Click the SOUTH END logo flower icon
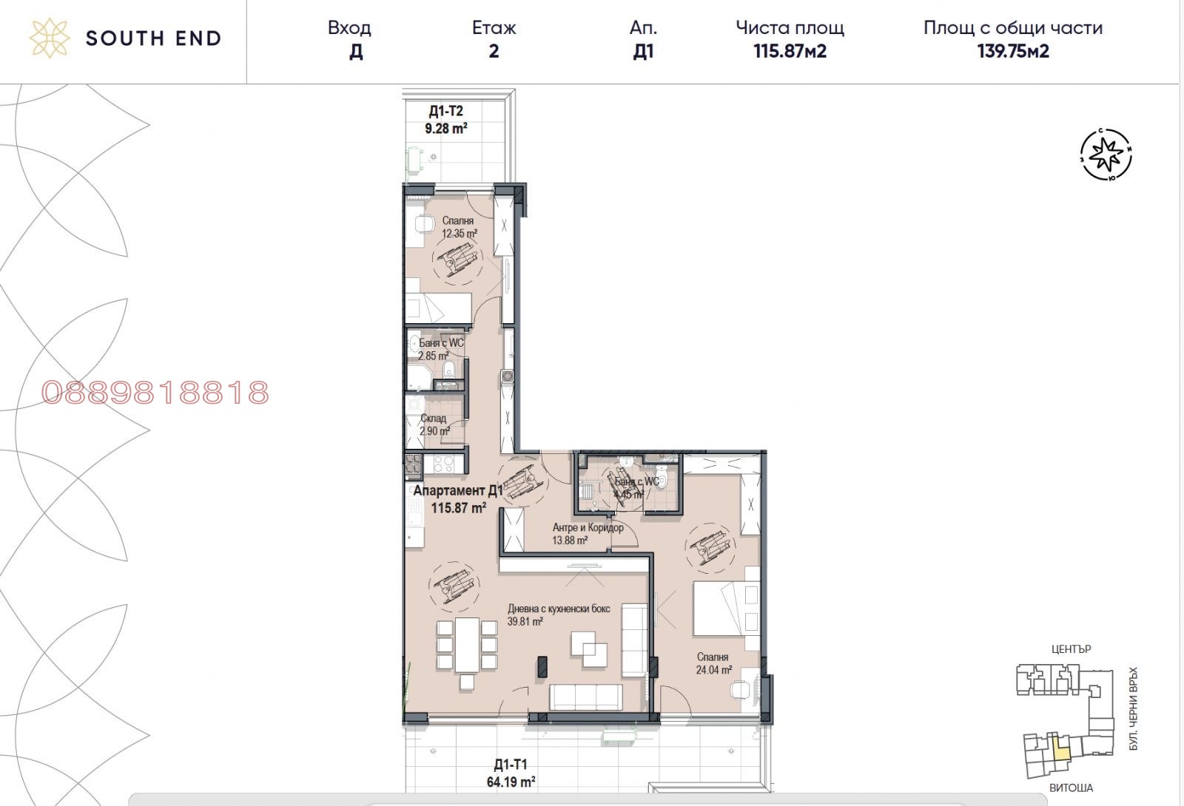pyautogui.click(x=50, y=38)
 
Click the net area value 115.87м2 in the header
pyautogui.click(x=790, y=51)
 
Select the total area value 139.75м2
pyautogui.click(x=1012, y=51)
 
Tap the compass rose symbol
pyautogui.click(x=1107, y=155)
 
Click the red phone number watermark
pyautogui.click(x=155, y=393)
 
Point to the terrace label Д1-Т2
pyautogui.click(x=445, y=112)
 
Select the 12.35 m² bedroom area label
pyautogui.click(x=459, y=234)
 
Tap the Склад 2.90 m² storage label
pyautogui.click(x=434, y=424)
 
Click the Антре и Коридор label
pyautogui.click(x=588, y=528)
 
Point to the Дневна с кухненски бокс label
pyautogui.click(x=559, y=609)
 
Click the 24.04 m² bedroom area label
pyautogui.click(x=713, y=670)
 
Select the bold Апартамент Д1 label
pyautogui.click(x=457, y=491)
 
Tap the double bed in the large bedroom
pyautogui.click(x=725, y=609)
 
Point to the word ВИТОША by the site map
pyautogui.click(x=1070, y=788)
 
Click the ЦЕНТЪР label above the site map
pyautogui.click(x=1071, y=649)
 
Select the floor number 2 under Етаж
pyautogui.click(x=494, y=51)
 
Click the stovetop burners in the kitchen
pyautogui.click(x=443, y=464)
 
